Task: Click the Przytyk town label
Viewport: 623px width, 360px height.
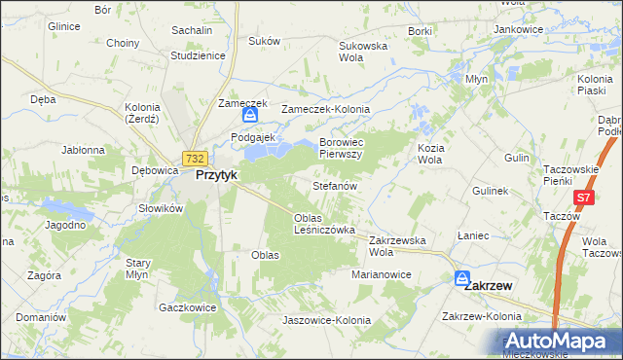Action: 217,176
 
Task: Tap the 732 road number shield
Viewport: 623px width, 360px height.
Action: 195,159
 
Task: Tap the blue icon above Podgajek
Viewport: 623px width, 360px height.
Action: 250,116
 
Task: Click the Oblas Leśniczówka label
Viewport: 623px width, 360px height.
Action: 324,224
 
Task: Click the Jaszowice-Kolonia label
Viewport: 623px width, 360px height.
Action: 325,320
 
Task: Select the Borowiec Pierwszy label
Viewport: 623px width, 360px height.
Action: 341,148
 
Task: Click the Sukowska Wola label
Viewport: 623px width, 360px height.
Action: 363,51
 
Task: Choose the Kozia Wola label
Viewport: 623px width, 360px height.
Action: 430,153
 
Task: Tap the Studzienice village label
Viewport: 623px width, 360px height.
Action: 198,55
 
